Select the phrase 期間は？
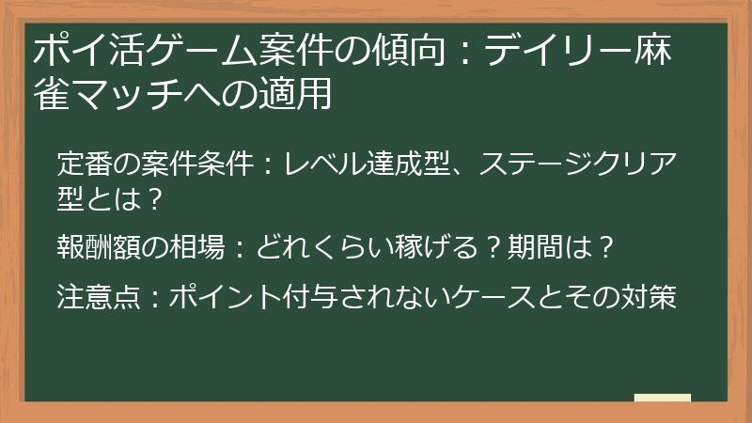[x=560, y=248]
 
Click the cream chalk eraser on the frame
[x=662, y=399]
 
